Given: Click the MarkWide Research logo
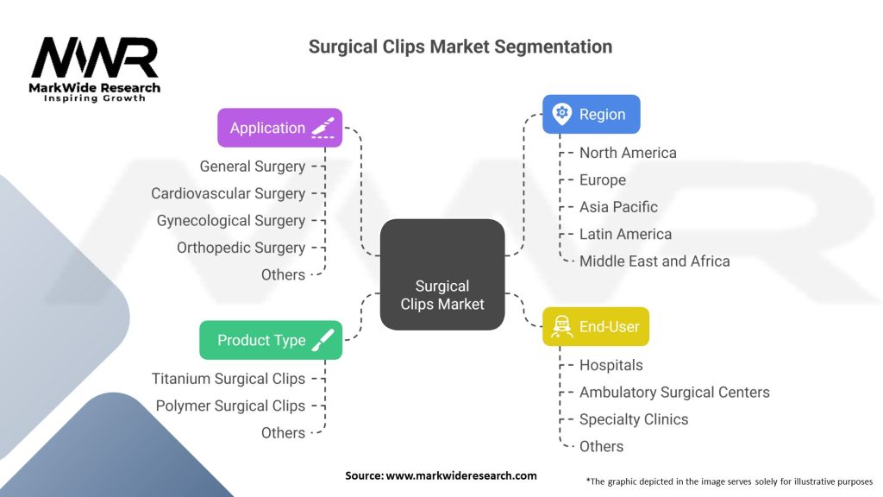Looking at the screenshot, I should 95,69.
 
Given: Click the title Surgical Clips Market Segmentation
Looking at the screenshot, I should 460,47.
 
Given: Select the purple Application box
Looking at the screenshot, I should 279,128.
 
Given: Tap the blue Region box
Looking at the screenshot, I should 591,114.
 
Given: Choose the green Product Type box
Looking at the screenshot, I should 271,340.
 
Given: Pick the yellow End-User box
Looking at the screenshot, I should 595,327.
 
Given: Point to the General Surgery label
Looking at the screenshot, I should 252,167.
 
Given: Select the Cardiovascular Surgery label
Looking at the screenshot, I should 228,193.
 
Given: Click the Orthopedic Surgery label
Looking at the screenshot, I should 241,248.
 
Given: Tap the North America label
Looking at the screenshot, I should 628,153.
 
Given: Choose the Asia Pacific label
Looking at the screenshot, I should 618,207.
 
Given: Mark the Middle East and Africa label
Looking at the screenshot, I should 654,261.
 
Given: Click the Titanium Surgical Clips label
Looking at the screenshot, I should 229,379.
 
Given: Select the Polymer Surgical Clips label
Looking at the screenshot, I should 230,406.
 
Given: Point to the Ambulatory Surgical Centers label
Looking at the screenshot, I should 674,393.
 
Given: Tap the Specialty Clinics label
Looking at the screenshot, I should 634,419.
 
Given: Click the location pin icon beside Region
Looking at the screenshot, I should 562,113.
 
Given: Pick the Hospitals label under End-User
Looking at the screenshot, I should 611,366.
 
